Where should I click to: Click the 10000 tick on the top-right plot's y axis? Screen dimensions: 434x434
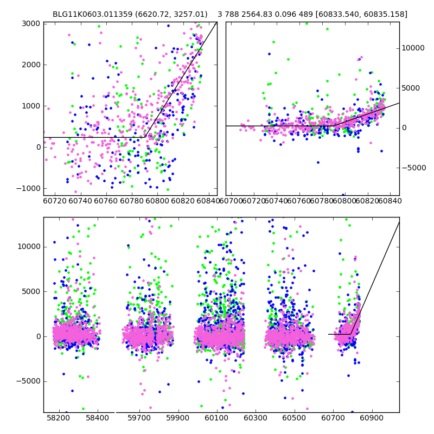tap(413, 48)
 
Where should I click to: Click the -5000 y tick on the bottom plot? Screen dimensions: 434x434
tap(27, 381)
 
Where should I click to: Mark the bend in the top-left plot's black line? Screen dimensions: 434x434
tap(145, 137)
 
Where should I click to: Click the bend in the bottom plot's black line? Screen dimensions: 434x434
tap(351, 334)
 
